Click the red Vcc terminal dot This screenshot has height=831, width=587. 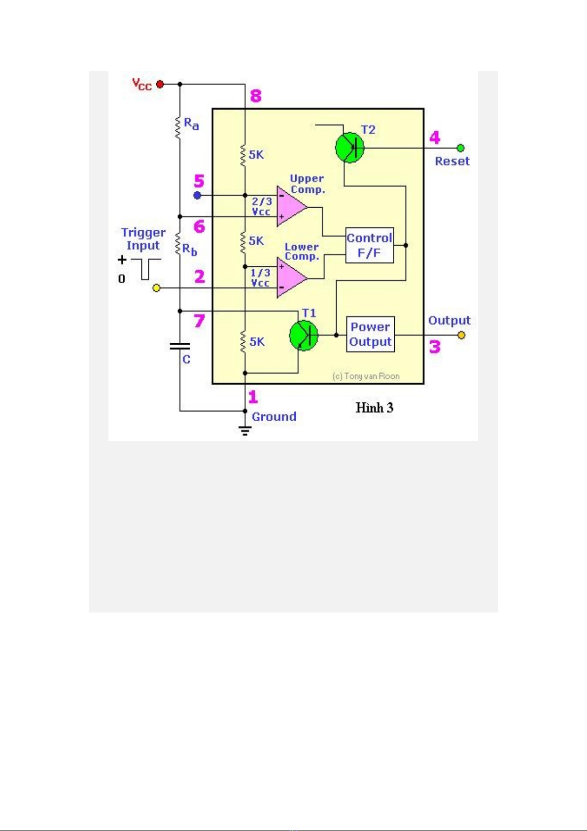click(160, 84)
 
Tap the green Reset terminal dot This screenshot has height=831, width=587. click(460, 148)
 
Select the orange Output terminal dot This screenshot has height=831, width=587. click(461, 335)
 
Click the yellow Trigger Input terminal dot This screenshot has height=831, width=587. click(157, 288)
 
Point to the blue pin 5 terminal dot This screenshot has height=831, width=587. click(197, 196)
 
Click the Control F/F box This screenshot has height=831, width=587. click(369, 245)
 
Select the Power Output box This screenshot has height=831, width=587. click(371, 334)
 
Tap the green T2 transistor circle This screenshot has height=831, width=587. click(349, 147)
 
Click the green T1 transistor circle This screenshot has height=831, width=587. click(303, 335)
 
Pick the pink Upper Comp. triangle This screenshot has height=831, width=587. click(291, 206)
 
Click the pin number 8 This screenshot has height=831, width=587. click(256, 96)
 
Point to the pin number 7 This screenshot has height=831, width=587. click(199, 321)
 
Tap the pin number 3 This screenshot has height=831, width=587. click(434, 347)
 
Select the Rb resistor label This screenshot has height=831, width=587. click(190, 250)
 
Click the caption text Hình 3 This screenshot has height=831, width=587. click(375, 408)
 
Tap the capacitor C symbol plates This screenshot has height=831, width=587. click(180, 346)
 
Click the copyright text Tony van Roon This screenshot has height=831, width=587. click(366, 376)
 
